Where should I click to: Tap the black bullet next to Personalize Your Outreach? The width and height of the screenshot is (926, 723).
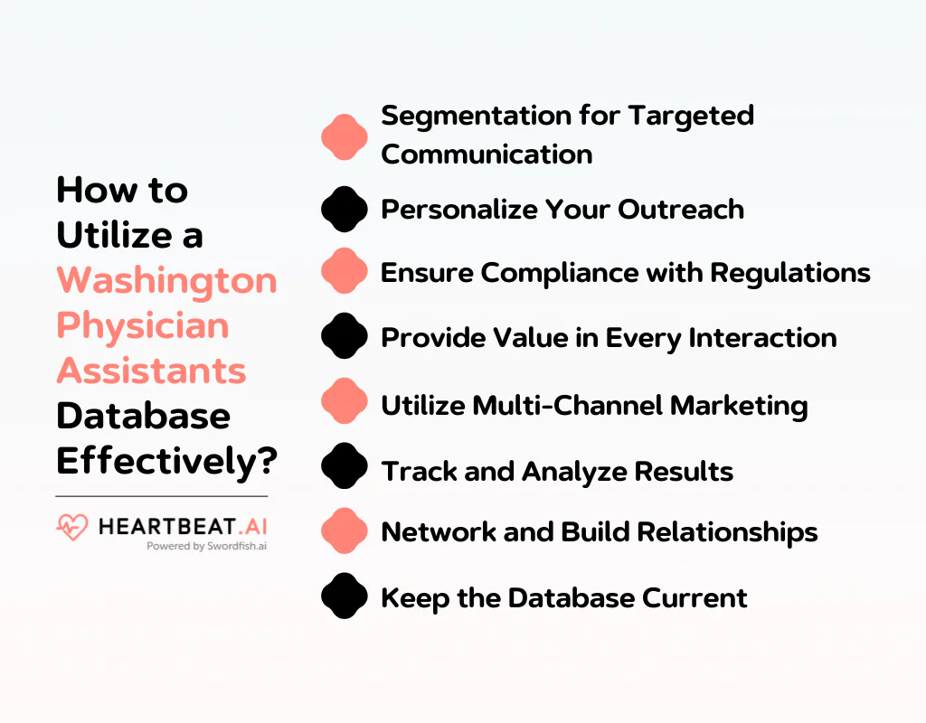(345, 210)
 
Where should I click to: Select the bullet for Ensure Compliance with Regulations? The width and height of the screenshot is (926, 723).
(345, 272)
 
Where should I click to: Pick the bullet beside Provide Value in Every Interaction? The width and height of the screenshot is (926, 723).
(345, 337)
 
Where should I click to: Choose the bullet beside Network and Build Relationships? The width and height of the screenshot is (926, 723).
(345, 531)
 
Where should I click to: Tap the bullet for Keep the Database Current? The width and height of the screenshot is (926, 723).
(345, 597)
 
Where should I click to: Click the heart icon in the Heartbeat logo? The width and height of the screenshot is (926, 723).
(71, 527)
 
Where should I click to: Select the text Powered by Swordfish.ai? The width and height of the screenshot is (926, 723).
(205, 546)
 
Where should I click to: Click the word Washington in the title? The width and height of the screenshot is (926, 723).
(166, 281)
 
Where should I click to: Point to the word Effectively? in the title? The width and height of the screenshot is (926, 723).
(166, 461)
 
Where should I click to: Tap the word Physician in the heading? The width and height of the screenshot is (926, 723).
(143, 326)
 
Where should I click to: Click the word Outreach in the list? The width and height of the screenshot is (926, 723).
(681, 209)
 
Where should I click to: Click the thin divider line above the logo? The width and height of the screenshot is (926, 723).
(161, 496)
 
